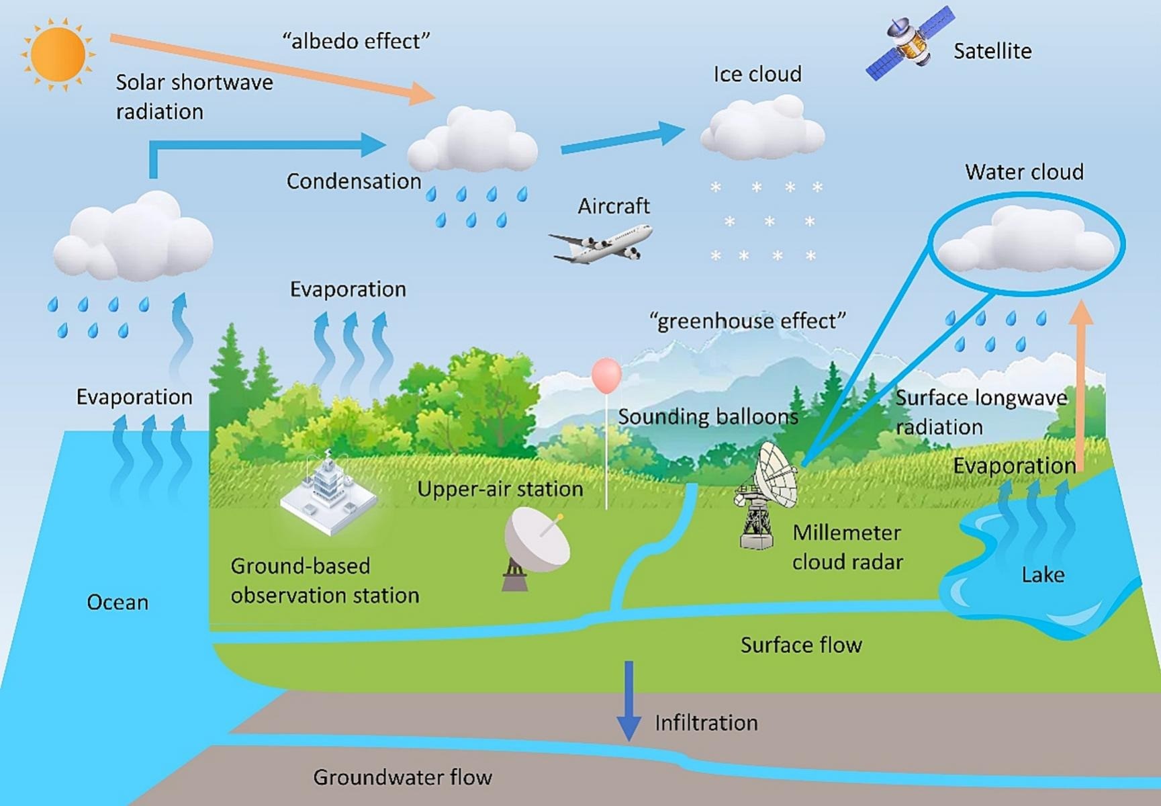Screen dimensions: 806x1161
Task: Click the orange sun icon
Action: tap(58, 54)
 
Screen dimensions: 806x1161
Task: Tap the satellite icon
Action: tap(911, 43)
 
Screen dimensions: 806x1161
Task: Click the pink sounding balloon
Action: tap(606, 375)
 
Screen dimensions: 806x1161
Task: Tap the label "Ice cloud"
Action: tap(757, 74)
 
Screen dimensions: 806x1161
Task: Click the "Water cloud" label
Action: tap(1024, 172)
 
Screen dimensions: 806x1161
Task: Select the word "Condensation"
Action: tap(353, 181)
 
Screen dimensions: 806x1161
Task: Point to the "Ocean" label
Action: tap(118, 602)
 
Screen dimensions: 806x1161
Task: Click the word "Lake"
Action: tap(1043, 575)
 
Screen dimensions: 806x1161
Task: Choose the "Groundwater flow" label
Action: tap(402, 777)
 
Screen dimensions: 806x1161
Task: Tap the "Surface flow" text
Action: tap(801, 645)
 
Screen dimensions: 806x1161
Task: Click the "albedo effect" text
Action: tap(356, 41)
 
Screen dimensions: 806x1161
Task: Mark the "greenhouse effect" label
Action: tap(747, 321)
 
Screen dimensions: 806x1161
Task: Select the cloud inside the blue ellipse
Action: tap(1025, 242)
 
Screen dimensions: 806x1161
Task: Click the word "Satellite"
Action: tap(992, 51)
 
